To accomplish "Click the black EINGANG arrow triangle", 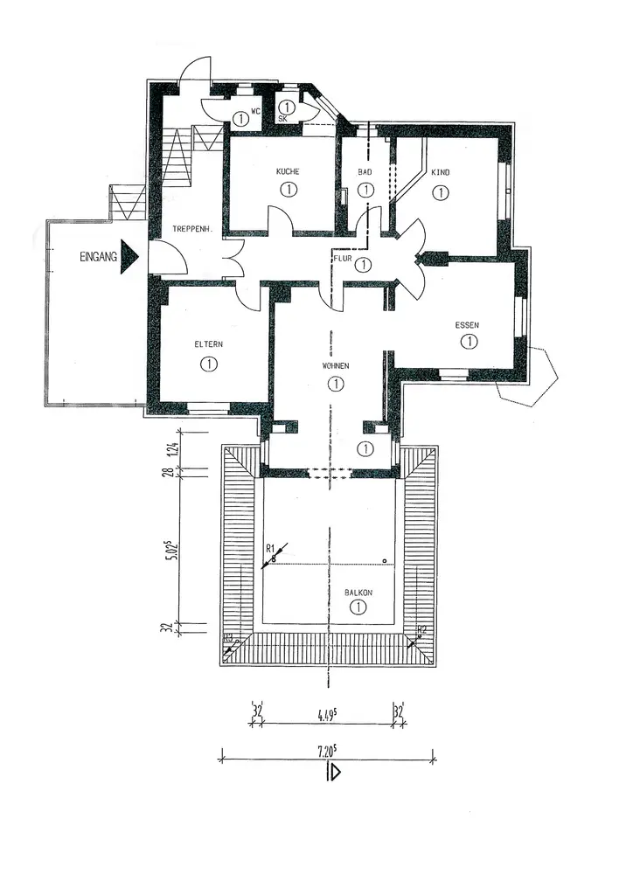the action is pos(129,257).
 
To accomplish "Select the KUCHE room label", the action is pos(288,172).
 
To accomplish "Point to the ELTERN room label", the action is pos(208,344).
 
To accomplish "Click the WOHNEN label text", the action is pos(334,366).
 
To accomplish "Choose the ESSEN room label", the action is pos(468,325).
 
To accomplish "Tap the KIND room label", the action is pos(440,173).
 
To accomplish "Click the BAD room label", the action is pos(365,172).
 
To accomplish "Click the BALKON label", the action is pos(358,593).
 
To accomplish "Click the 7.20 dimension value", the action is pos(328,751).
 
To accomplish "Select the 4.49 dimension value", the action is pos(328,711).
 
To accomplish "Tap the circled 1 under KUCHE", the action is pos(288,189).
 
